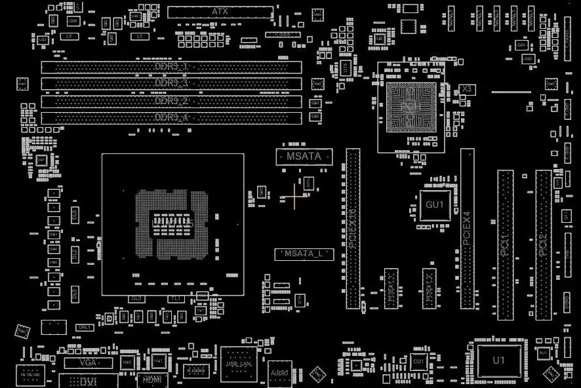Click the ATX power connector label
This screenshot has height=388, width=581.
point(220,12)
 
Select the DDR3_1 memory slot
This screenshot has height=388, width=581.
point(171,68)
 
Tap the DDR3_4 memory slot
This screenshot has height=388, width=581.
point(171,118)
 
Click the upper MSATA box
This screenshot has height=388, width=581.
point(304,157)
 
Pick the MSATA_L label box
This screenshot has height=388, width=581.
point(304,254)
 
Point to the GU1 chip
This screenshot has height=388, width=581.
point(435,205)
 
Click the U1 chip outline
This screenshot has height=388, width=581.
point(499,360)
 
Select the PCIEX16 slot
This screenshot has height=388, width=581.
point(353,228)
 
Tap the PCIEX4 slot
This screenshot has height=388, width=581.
point(467,228)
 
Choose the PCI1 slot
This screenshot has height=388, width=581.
point(505,244)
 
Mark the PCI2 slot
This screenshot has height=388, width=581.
point(543,244)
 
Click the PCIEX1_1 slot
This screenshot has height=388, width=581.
point(391,288)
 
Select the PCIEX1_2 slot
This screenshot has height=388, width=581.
point(430,288)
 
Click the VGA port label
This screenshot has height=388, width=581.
point(87,362)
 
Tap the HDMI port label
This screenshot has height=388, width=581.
point(151,379)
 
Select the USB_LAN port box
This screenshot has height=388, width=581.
point(238,364)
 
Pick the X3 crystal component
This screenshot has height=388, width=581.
point(467,88)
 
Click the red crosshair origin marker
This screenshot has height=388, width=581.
point(294,195)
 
